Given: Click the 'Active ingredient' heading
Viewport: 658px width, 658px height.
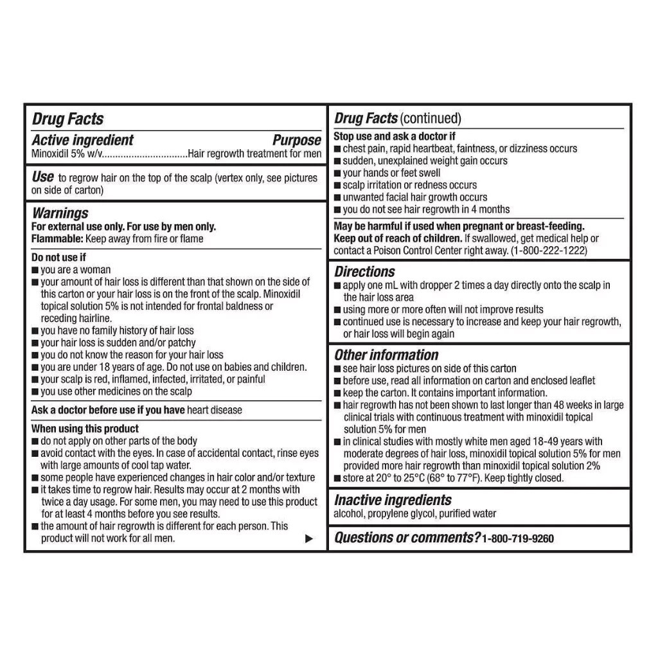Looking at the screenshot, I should point(83,140).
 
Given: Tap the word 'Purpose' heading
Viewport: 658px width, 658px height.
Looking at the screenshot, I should point(296,140).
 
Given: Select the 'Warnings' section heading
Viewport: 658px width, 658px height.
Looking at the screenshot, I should point(60,213).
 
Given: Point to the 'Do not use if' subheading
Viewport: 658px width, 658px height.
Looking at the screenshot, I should point(58,258).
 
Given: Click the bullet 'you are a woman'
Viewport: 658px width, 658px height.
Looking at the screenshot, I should point(75,270).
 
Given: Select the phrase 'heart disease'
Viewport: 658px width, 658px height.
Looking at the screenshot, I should point(215,410).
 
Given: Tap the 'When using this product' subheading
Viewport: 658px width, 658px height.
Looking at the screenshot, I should point(85,429).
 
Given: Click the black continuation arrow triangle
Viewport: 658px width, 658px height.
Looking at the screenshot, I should point(309,538).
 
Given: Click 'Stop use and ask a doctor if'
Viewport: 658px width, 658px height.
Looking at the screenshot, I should point(395,136).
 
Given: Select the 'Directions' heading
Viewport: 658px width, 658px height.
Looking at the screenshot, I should point(364,271).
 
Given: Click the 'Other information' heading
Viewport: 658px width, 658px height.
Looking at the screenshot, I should point(386,355).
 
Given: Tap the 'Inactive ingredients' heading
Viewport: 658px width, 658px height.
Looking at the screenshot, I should point(393,500).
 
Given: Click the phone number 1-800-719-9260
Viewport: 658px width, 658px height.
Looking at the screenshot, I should point(517,538).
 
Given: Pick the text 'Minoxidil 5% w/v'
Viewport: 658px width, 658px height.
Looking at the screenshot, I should point(66,154).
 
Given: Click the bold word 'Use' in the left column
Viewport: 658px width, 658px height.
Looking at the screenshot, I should point(42,177).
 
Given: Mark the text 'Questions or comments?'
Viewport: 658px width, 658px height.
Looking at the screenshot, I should point(407,538).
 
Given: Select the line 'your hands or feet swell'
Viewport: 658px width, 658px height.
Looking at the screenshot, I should point(391,173).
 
